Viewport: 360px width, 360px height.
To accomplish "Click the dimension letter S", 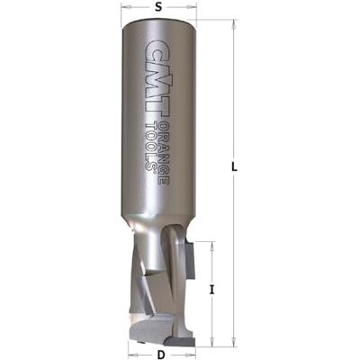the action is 158,8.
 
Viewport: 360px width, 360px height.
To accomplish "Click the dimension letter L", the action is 235,167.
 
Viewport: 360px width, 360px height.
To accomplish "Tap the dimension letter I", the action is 211,290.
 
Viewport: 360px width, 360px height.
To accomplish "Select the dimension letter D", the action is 161,355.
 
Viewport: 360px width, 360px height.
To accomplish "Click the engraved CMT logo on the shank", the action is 156,79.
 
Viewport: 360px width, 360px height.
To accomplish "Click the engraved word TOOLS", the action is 151,148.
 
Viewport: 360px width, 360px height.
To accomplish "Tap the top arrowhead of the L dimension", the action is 233,24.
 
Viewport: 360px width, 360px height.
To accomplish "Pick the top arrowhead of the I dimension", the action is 211,246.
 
